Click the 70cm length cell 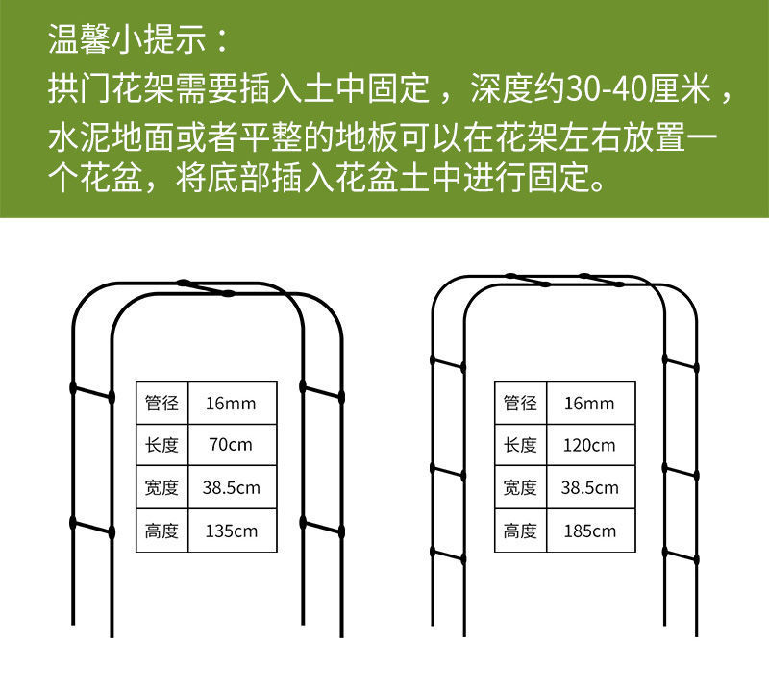point(231,445)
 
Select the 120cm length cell point(589,445)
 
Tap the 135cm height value point(231,531)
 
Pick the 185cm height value point(589,531)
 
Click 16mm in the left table point(231,403)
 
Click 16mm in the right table point(589,403)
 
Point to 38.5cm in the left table point(231,487)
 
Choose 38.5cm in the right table point(589,487)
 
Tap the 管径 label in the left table point(161,403)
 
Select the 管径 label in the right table point(520,403)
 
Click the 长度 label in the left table point(161,445)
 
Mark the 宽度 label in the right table point(520,487)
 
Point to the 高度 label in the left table point(161,531)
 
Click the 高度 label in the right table point(520,531)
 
